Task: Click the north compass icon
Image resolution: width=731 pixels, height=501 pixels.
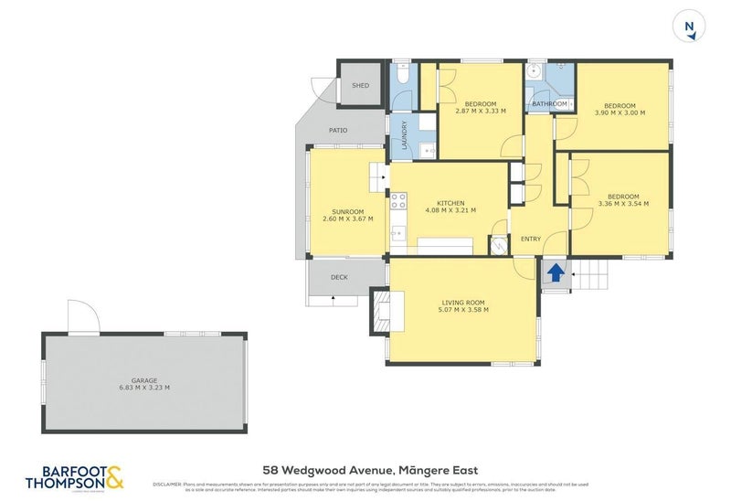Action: pyautogui.click(x=689, y=26)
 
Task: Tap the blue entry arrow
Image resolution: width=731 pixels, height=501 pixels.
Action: pyautogui.click(x=554, y=272)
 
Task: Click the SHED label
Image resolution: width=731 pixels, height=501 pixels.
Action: pyautogui.click(x=360, y=86)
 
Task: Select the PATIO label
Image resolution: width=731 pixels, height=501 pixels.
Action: pyautogui.click(x=338, y=131)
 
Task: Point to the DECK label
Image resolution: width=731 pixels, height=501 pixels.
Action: pyautogui.click(x=339, y=277)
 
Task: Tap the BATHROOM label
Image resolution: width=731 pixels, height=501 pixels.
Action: pyautogui.click(x=549, y=104)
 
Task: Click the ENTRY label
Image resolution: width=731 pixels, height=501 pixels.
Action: pyautogui.click(x=531, y=240)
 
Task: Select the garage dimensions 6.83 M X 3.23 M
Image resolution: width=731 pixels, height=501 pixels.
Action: pyautogui.click(x=144, y=388)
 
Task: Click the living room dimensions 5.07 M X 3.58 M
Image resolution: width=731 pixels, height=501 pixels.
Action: pyautogui.click(x=462, y=310)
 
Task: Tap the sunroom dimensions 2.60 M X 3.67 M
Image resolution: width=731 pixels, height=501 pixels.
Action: pyautogui.click(x=347, y=219)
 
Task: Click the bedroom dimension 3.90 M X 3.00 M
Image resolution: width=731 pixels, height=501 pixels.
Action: pyautogui.click(x=620, y=112)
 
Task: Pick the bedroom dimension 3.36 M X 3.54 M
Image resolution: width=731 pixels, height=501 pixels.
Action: pyautogui.click(x=623, y=204)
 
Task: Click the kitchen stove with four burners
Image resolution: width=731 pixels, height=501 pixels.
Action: pyautogui.click(x=397, y=200)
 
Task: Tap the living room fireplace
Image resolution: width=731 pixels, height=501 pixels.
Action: pyautogui.click(x=379, y=314)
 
